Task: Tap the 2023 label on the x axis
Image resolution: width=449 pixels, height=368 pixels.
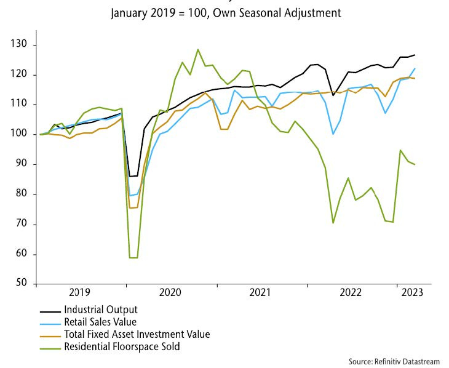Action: click(x=411, y=294)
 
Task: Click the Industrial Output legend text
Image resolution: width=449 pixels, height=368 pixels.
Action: click(x=100, y=310)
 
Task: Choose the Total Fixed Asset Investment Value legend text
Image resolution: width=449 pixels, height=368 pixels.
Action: click(x=137, y=334)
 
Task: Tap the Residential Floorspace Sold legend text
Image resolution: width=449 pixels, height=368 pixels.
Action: click(x=122, y=346)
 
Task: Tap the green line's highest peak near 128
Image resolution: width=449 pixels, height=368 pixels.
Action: click(x=197, y=50)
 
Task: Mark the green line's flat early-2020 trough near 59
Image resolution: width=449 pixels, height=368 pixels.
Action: click(x=133, y=258)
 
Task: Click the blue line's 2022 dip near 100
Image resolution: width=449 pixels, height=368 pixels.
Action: click(x=333, y=134)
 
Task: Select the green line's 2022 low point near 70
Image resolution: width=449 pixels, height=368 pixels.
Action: click(x=333, y=222)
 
